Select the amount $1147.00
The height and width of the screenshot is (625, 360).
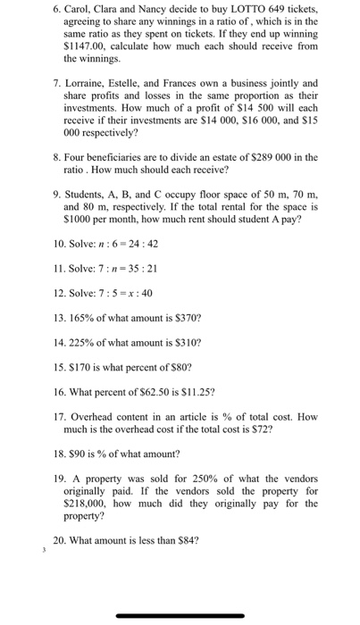pos(83,45)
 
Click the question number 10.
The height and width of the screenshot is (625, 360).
pos(61,244)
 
